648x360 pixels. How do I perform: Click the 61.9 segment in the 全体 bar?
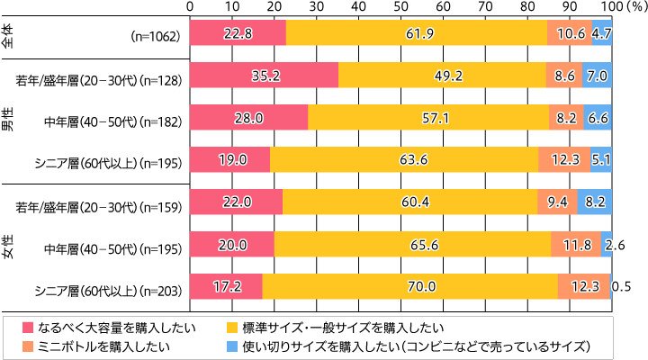point(417,33)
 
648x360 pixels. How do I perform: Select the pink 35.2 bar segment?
point(264,78)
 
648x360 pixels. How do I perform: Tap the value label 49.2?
point(442,78)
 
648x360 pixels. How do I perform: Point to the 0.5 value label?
point(621,287)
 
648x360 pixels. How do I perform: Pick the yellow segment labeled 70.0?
point(409,287)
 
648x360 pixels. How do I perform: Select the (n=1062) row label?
point(157,37)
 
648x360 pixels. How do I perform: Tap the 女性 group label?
point(10,245)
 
